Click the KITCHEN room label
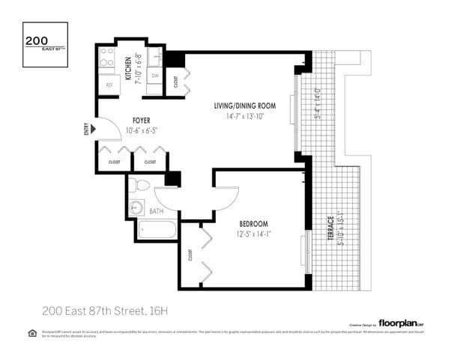[129, 69]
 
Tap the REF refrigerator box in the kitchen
[109, 85]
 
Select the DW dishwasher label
[155, 76]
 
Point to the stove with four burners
[107, 58]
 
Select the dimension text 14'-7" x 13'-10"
[244, 117]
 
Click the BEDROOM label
[254, 224]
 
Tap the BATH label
[157, 212]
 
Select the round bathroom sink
[137, 207]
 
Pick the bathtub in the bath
[157, 231]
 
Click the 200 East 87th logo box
[45, 44]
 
